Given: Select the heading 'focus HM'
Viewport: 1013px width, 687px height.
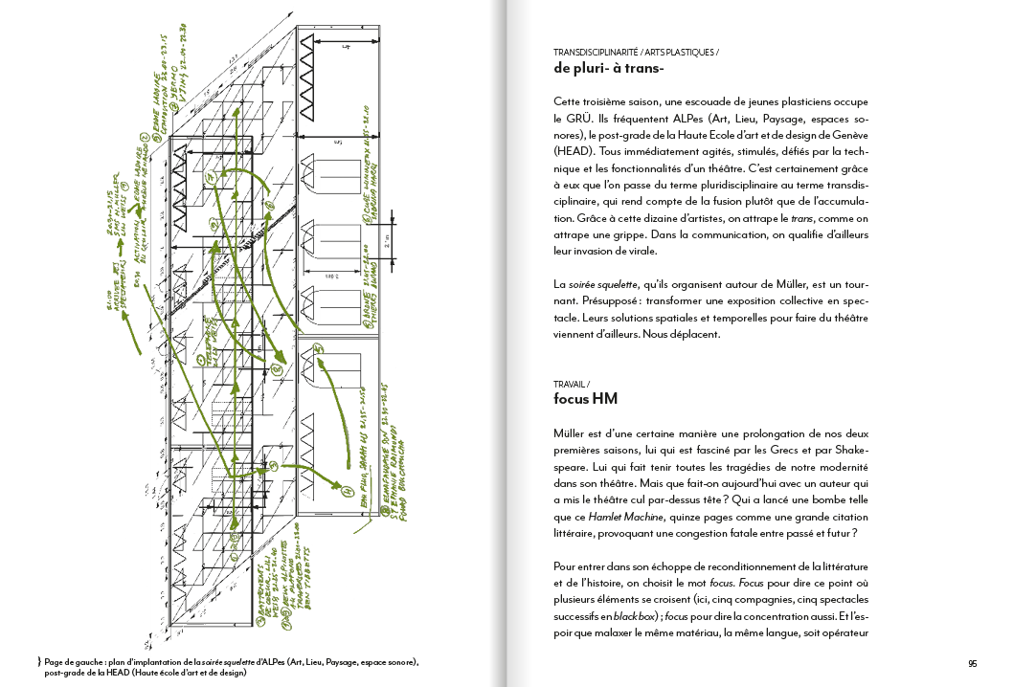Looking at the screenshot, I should point(587,398).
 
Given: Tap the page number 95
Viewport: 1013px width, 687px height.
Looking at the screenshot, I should point(973,663).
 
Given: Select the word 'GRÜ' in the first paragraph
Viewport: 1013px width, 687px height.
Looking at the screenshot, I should point(582,120).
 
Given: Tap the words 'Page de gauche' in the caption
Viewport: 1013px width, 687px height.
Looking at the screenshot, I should point(76,662).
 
